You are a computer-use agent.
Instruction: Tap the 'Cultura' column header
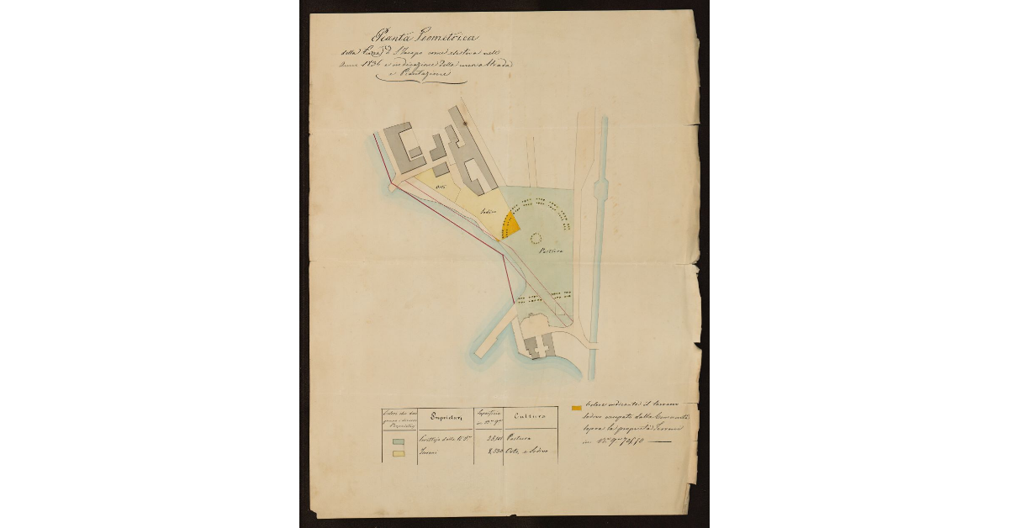pos(530,416)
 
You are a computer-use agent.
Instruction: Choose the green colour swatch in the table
pos(398,439)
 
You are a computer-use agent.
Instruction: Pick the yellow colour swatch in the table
pos(398,455)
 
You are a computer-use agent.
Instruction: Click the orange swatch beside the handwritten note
pos(577,409)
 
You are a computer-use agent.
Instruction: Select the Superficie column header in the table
pos(489,416)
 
